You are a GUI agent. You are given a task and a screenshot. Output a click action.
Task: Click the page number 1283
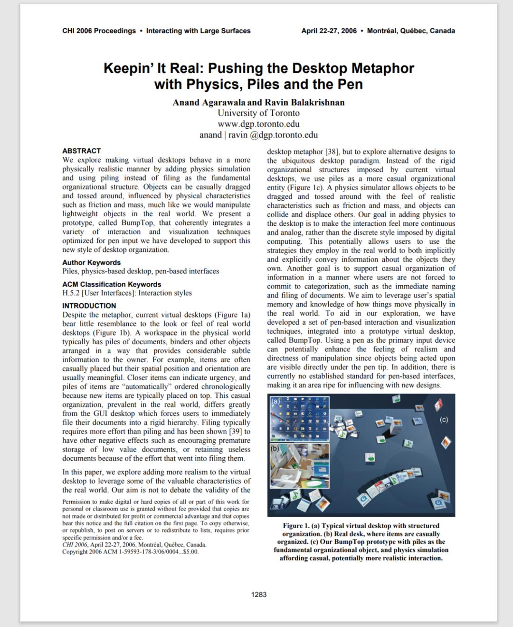click(x=259, y=594)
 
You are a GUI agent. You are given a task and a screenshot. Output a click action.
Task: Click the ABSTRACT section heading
click(x=81, y=151)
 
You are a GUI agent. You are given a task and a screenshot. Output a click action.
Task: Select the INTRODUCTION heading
click(x=89, y=306)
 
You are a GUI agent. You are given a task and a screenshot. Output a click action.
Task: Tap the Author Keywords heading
click(x=91, y=262)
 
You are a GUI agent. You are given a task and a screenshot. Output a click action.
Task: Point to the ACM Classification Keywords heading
click(x=112, y=284)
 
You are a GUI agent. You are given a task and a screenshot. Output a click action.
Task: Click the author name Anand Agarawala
click(x=209, y=102)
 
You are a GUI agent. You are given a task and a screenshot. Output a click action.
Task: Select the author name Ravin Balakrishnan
click(x=304, y=102)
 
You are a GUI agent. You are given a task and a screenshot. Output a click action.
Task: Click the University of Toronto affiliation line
click(x=258, y=113)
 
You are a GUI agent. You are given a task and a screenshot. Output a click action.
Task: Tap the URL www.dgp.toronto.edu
click(x=258, y=124)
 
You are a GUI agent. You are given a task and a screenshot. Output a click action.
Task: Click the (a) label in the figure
click(x=275, y=401)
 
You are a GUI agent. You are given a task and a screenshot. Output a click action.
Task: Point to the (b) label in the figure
click(x=275, y=448)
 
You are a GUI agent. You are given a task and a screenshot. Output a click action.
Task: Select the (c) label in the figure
click(x=444, y=419)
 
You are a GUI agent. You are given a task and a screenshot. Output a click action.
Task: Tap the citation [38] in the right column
click(x=331, y=152)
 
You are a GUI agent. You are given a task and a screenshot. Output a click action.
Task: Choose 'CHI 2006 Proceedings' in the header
click(x=99, y=31)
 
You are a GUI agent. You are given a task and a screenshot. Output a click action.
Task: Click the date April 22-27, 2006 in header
click(x=329, y=31)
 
